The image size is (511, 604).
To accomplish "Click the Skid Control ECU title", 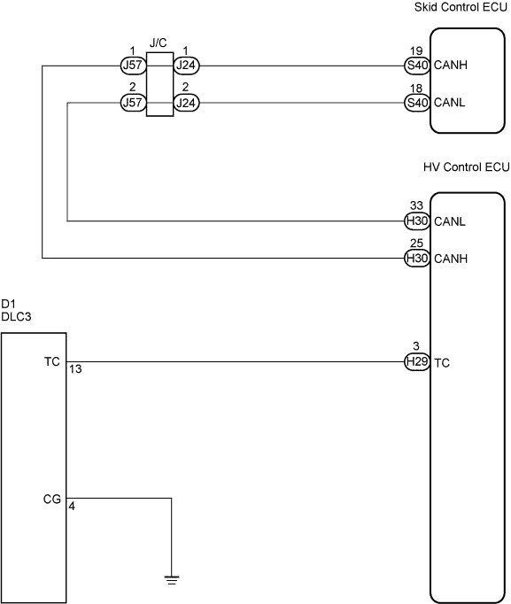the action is point(461,7).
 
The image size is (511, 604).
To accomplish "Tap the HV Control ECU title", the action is point(466,167).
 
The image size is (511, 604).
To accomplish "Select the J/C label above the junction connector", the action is point(158,43).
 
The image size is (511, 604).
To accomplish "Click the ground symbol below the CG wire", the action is point(171,580).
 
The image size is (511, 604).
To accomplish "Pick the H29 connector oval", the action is point(417,361).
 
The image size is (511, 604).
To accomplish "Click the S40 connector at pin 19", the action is point(417,66).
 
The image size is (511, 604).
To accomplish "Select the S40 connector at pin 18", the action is point(417,103).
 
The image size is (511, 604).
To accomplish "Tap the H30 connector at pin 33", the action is point(417,221).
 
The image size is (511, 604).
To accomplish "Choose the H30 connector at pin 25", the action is point(417,258).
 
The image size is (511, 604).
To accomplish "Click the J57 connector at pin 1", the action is point(133,66).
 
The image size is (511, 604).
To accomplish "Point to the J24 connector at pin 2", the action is point(186,103).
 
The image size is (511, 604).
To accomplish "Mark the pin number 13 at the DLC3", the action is point(76,369).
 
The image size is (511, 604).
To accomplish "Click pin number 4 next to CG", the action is point(72,507).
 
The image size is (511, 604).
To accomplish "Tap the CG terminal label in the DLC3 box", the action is point(52,499).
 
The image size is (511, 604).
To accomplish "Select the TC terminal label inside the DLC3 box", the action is point(52,361).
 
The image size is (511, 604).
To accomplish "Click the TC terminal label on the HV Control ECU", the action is point(442,363).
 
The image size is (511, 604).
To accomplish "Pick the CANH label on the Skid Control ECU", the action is point(451,66).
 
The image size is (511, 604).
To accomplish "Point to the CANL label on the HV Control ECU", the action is point(450,221).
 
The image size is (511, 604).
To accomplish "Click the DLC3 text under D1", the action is point(16,317).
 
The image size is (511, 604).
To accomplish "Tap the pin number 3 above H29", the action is point(416,346).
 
